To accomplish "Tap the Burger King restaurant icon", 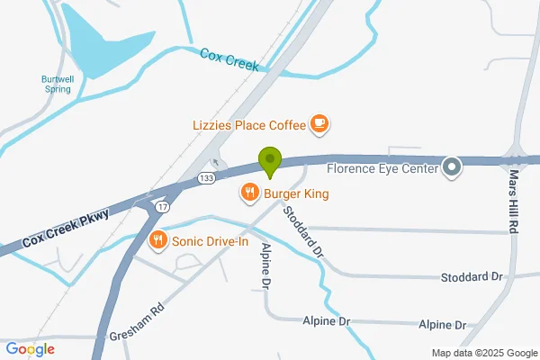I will click(249, 193).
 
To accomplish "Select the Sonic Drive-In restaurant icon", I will click(158, 239).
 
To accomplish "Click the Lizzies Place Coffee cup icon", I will click(319, 124).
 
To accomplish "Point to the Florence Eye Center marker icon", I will click(452, 167).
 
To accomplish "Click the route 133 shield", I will click(207, 176).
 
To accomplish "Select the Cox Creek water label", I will click(229, 59).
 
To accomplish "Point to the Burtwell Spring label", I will click(56, 84).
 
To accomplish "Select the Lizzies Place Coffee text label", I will click(248, 124).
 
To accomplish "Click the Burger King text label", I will click(290, 193).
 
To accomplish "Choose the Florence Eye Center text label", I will click(382, 167).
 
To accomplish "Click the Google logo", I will click(30, 349).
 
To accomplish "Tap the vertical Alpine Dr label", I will click(266, 265).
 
